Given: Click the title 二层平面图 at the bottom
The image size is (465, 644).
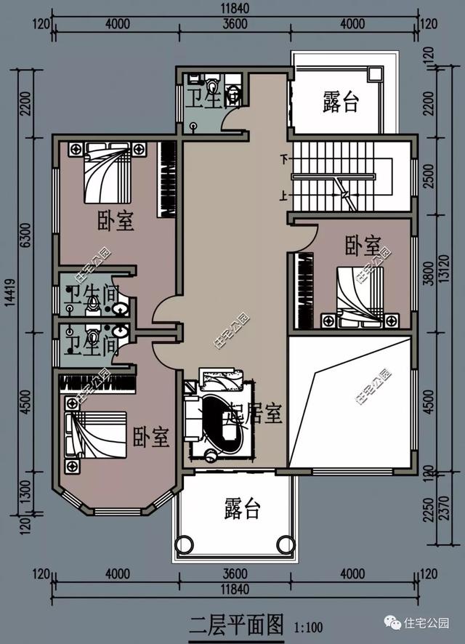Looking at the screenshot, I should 235,623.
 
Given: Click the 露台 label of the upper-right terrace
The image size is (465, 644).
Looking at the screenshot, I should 341,102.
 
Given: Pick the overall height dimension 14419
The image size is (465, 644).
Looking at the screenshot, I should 8,304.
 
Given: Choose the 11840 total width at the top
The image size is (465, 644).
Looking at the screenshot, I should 235,8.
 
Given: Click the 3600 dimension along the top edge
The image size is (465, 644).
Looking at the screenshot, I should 234,25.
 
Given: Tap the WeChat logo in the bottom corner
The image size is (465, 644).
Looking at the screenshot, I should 392,622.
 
